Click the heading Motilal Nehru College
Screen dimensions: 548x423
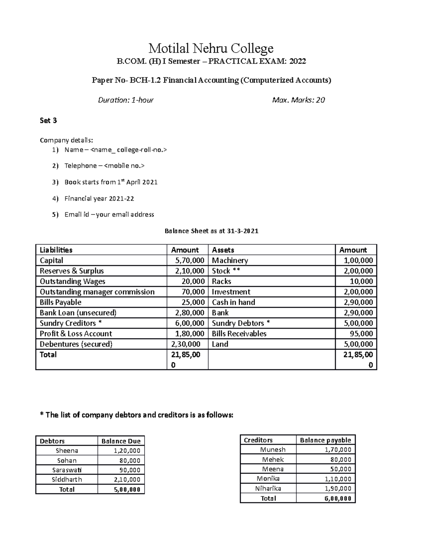click(x=211, y=48)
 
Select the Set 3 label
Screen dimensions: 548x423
click(x=48, y=121)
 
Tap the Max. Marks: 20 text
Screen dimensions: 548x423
click(x=298, y=100)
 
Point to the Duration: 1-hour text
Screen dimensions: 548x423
click(x=125, y=100)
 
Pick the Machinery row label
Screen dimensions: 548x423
click(x=230, y=261)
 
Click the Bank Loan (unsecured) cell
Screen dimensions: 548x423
click(x=78, y=313)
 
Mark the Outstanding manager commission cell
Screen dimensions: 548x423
click(x=97, y=292)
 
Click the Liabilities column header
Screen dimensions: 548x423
click(x=56, y=250)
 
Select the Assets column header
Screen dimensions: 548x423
click(x=223, y=250)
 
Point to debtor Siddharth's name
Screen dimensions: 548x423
click(x=67, y=480)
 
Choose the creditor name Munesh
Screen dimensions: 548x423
click(x=272, y=450)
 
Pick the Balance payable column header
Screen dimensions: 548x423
click(x=325, y=440)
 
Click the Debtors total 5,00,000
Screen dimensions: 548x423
click(x=127, y=489)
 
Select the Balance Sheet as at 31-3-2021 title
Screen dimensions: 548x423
click(x=211, y=231)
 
